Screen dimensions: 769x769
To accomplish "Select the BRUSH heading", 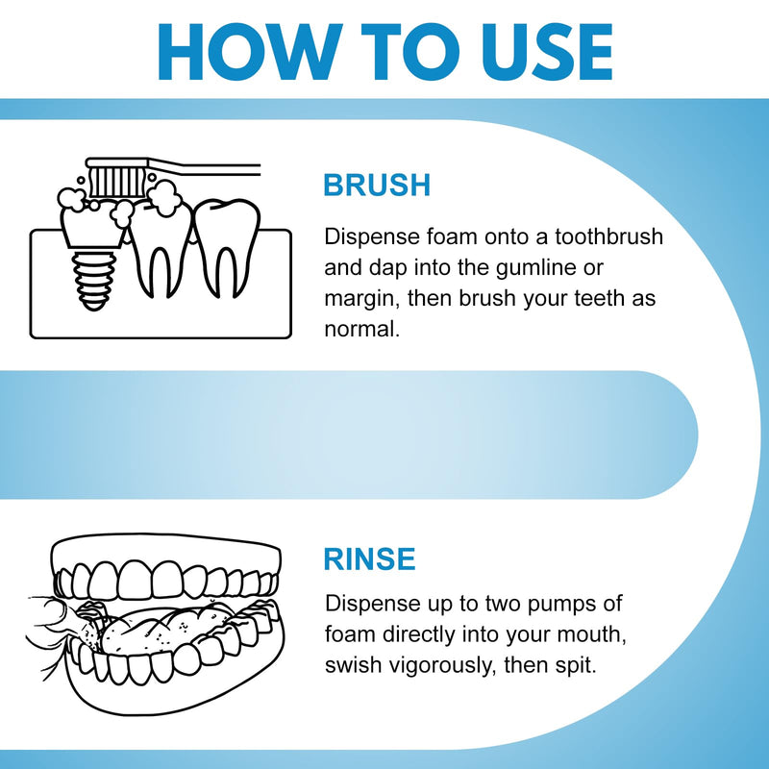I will (377, 186).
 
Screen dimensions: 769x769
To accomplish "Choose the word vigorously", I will (452, 665).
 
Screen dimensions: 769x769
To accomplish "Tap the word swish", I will (353, 665).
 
